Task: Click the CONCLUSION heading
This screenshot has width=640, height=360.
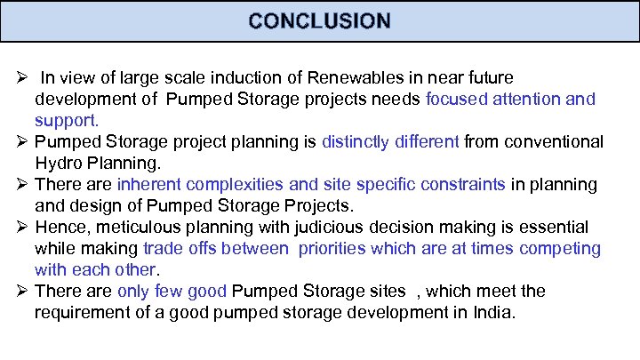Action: point(319,20)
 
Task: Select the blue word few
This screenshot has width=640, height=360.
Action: point(175,291)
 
